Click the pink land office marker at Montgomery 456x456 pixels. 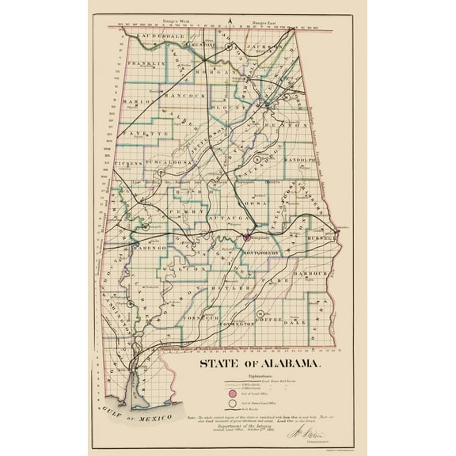(247, 237)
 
